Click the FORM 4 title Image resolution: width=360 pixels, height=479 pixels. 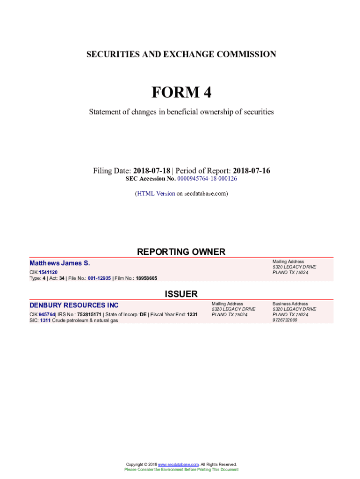(x=181, y=93)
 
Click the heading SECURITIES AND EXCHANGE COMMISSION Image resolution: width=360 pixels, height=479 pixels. (x=181, y=54)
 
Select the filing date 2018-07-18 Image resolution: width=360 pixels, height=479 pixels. (x=151, y=171)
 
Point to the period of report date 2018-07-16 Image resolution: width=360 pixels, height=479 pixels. (x=252, y=171)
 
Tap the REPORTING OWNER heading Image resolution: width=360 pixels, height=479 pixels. (x=181, y=252)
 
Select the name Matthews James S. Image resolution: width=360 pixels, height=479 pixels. (x=60, y=263)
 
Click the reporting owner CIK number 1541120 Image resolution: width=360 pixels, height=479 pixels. (x=48, y=272)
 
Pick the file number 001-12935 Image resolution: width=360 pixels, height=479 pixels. (x=99, y=278)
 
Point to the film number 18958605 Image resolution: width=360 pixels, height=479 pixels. (x=146, y=278)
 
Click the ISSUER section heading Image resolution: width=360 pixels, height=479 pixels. (x=181, y=294)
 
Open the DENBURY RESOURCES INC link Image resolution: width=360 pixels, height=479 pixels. (x=74, y=305)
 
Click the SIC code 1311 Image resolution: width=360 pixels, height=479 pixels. (x=45, y=320)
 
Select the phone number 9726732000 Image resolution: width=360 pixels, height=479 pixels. (x=285, y=320)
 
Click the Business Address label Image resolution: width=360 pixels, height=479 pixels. (x=290, y=304)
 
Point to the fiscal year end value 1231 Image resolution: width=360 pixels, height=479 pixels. (x=192, y=314)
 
